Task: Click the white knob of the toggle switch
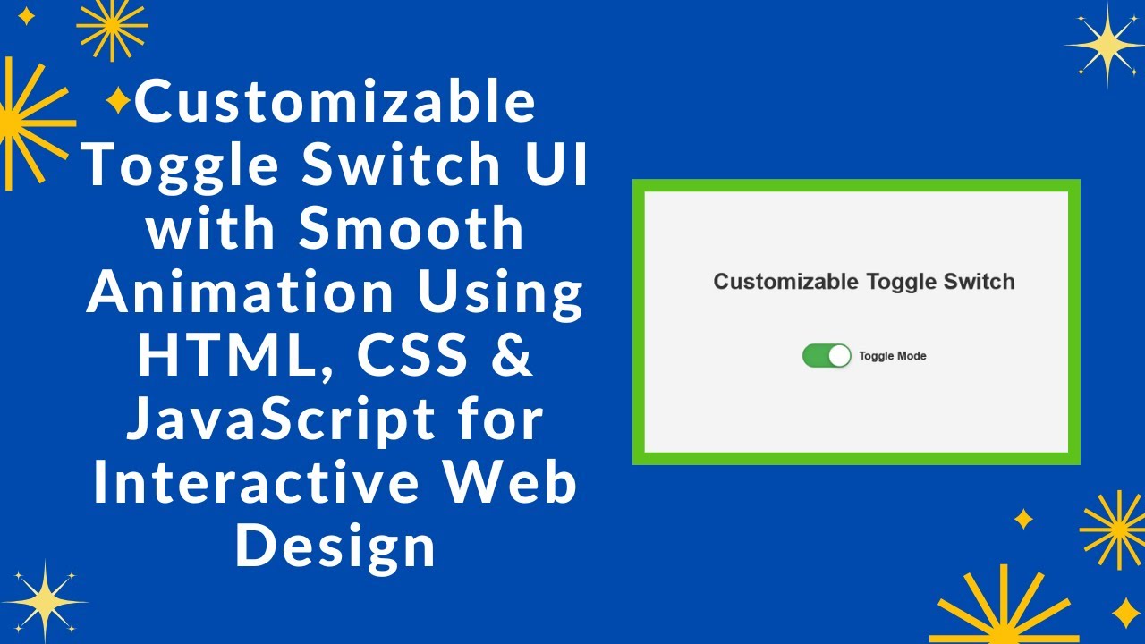839,356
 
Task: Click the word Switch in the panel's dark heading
979,282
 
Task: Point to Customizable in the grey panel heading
786,282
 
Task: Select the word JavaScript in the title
280,420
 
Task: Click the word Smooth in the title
411,228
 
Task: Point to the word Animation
239,292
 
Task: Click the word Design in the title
335,547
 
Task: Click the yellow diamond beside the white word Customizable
118,100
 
